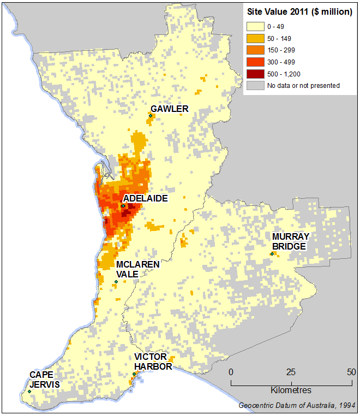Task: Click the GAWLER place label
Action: [170, 109]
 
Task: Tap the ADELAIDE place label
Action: [145, 198]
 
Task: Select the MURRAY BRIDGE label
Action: [291, 241]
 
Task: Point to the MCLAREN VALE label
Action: [137, 269]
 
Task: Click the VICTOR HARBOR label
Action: [153, 361]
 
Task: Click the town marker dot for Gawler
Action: [150, 115]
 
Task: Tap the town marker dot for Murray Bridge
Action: [272, 253]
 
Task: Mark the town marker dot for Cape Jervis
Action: [29, 391]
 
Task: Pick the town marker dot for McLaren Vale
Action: [116, 282]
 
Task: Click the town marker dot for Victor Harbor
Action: [134, 374]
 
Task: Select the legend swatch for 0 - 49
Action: [254, 26]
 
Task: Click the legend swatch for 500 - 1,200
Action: [254, 74]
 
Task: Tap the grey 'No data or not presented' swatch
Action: [254, 86]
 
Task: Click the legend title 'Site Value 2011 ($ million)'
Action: [299, 12]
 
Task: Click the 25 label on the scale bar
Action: [291, 372]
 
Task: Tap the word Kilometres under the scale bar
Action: [291, 390]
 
